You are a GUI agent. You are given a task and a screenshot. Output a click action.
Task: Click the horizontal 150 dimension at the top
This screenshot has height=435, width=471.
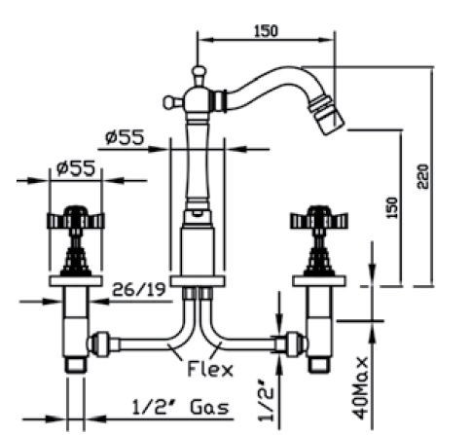point(266,31)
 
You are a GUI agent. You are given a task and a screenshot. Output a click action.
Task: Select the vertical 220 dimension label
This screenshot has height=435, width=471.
point(423,177)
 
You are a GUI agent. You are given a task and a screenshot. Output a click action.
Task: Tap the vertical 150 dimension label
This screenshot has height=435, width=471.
point(392,208)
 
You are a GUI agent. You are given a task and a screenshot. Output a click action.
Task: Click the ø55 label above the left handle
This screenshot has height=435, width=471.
point(76,168)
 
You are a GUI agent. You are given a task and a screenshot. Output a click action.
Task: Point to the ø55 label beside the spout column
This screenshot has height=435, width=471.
point(125,137)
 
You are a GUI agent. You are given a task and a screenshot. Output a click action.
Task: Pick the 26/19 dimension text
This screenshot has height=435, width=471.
point(138,289)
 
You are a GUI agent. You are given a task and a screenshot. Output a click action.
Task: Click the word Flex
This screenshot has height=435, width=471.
point(210,369)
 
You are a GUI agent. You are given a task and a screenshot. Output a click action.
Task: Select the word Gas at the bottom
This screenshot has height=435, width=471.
point(209,408)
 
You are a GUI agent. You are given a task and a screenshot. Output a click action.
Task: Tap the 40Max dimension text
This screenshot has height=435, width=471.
point(361,388)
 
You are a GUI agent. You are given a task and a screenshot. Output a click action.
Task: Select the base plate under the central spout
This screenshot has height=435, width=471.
point(198,281)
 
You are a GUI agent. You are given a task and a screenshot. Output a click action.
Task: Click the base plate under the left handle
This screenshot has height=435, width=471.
point(76,281)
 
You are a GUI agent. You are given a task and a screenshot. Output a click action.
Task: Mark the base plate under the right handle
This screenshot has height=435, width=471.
point(319,281)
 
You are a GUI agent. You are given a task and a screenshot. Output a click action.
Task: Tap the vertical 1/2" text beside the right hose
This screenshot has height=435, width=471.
point(267,400)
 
